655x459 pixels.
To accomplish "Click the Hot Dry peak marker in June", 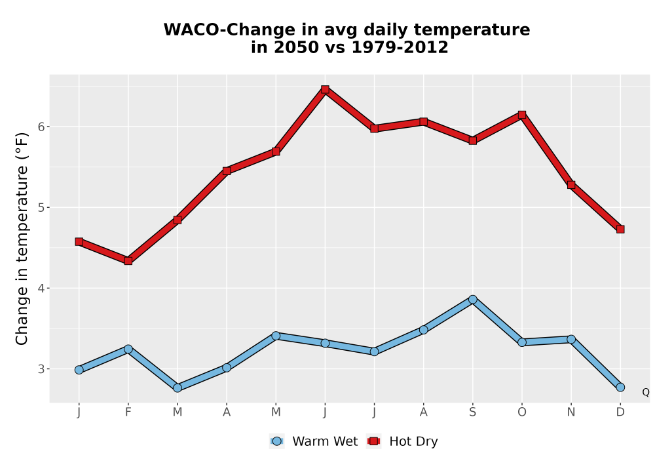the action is (325, 89).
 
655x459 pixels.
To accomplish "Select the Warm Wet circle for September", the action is (472, 299).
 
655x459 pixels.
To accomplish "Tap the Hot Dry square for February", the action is (128, 261).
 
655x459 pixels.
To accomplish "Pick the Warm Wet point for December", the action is (620, 387).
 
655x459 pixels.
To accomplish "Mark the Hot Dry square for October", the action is (522, 115).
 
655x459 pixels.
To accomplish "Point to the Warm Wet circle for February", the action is (128, 349).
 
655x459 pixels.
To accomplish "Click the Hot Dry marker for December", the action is (620, 229).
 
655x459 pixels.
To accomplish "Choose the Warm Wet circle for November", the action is (571, 339).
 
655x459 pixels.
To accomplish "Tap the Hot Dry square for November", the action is (571, 184).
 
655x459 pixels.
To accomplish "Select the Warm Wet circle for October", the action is (522, 342).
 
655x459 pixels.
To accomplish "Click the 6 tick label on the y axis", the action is (41, 127).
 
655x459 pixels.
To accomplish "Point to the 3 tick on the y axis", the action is (41, 369).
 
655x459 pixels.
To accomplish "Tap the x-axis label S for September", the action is (472, 412).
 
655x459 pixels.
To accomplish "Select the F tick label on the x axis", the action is (128, 412).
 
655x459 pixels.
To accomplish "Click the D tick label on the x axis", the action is (620, 412).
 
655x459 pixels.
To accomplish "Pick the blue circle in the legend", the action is (276, 441).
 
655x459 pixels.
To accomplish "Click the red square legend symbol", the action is (373, 441).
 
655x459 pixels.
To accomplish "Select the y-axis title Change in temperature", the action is (22, 239).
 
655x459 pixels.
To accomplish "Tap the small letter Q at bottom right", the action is (646, 392).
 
